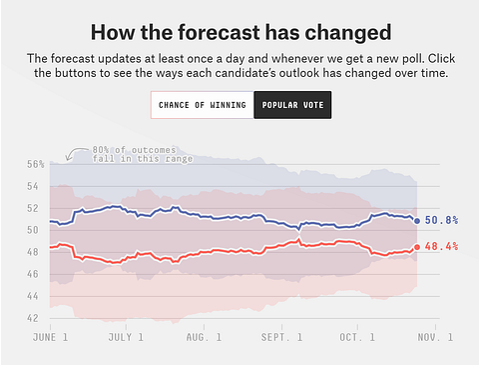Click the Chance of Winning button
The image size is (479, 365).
tap(202, 104)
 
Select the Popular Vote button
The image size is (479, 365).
tap(290, 104)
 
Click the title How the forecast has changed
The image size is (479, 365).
tap(240, 32)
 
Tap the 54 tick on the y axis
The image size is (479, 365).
tap(34, 186)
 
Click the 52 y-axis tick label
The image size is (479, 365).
tap(34, 208)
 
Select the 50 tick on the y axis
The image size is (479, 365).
tap(34, 230)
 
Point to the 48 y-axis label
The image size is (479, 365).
tap(34, 252)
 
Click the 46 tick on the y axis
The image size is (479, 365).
tap(34, 274)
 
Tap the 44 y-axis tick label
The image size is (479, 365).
tap(34, 296)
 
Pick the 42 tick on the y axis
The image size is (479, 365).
tap(34, 318)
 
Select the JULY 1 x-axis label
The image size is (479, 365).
tap(126, 338)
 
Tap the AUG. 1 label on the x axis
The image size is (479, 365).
tap(204, 338)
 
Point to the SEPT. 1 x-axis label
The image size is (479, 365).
tap(282, 338)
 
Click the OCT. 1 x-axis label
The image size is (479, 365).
tap(357, 338)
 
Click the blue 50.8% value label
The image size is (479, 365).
tap(441, 220)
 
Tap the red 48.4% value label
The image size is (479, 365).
tap(441, 246)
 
